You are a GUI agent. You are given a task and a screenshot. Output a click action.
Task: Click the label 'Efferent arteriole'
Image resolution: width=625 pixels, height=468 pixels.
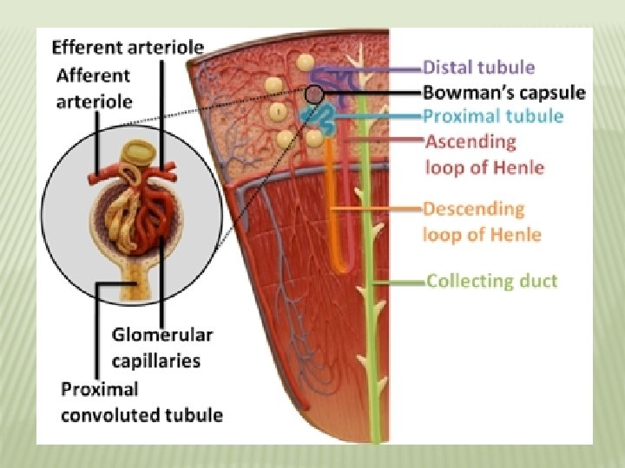point(128,46)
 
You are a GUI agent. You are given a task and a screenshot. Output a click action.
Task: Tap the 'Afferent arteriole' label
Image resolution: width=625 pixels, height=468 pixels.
point(94,88)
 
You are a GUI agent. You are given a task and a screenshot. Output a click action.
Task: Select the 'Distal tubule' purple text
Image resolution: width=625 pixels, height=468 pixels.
point(478,67)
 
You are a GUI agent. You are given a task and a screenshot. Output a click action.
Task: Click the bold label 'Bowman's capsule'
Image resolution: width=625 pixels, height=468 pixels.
point(503,92)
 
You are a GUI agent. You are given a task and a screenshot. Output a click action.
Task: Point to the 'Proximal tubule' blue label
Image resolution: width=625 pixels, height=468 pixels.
point(492,116)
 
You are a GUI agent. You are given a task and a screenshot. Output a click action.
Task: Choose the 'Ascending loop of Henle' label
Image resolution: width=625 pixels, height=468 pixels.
point(484,153)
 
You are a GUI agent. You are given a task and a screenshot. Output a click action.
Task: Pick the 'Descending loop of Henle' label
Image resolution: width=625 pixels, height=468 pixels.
point(481,221)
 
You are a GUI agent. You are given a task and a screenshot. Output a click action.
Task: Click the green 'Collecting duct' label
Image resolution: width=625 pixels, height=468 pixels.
point(491,280)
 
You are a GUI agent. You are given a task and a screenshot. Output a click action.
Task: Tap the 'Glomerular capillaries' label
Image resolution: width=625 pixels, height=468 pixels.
point(161,346)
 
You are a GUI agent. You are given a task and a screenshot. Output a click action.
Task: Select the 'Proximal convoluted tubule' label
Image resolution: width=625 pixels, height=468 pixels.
point(141,402)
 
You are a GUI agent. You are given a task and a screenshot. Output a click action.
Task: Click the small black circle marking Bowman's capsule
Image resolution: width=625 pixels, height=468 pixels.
point(314,93)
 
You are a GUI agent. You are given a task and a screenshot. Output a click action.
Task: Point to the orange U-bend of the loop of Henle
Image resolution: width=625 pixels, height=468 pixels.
point(339,261)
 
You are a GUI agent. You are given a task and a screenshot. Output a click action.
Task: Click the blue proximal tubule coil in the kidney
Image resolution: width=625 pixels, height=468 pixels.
point(321,115)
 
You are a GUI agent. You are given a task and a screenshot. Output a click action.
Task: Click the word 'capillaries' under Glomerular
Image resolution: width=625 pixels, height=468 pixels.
point(156,359)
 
